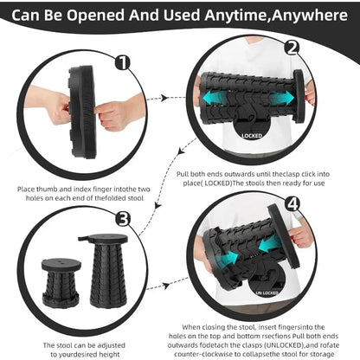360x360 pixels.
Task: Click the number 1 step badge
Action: tap(121, 61)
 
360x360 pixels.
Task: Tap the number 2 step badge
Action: tap(292, 48)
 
